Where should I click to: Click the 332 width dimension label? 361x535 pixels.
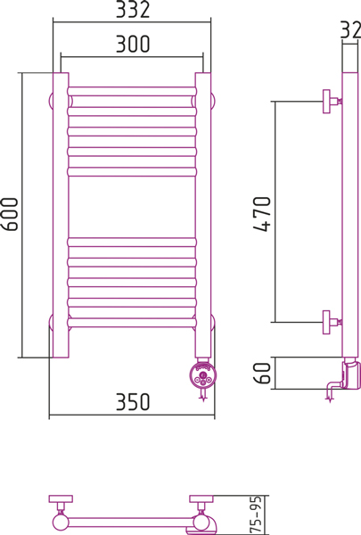point(133,10)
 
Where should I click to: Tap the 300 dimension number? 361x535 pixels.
point(133,44)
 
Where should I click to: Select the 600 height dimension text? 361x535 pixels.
point(9,214)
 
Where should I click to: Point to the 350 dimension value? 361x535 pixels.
point(133,401)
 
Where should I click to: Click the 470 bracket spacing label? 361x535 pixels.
point(262,214)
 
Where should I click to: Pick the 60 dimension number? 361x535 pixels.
point(262,373)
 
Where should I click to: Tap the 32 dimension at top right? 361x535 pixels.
point(350,29)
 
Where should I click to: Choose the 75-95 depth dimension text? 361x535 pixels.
point(256,514)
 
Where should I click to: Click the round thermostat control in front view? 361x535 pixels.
point(203,374)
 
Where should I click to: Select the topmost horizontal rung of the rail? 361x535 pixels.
point(132,92)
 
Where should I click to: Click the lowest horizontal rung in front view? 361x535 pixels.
point(132,323)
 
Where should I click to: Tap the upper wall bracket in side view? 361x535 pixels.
point(331,102)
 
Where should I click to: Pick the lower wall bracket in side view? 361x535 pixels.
point(331,322)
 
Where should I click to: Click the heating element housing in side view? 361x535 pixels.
point(350,375)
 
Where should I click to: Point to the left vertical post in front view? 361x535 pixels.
point(61,215)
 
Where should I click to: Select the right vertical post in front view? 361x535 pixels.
point(203,215)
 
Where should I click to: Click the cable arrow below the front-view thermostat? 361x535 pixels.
point(204,395)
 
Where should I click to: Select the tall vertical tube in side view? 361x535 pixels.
point(350,215)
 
